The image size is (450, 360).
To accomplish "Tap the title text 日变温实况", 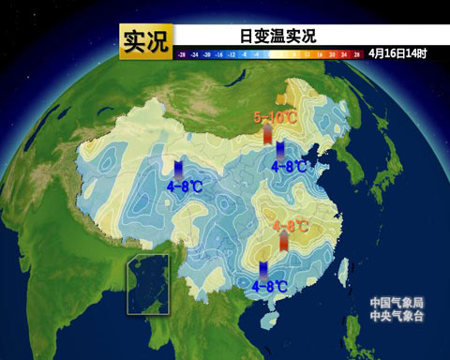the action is tap(277, 37).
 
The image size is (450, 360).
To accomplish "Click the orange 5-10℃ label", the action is tap(277, 117).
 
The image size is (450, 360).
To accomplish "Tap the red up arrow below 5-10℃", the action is tap(268, 135).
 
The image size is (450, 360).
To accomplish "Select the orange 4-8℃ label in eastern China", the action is tap(292, 226).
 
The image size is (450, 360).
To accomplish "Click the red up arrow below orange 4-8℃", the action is tap(284, 242).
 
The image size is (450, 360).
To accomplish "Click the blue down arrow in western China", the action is tap(178, 169).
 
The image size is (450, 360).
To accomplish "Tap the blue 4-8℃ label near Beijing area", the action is tap(290, 166).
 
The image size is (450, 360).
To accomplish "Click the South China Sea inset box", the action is tap(148, 286).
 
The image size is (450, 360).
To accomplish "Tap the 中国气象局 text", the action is tap(397, 302).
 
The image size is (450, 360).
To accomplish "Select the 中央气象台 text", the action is tap(397, 316).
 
